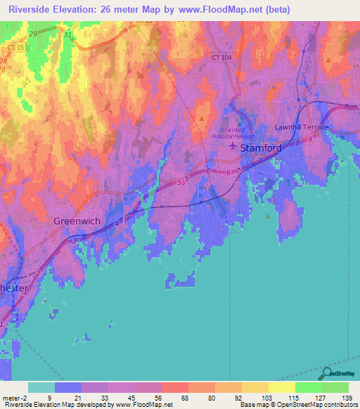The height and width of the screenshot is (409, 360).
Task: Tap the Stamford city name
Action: click(262, 149)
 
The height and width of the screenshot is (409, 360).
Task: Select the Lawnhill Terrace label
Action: click(301, 127)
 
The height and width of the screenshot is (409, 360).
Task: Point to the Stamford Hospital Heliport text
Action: click(233, 134)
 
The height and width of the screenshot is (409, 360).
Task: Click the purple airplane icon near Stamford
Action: click(233, 147)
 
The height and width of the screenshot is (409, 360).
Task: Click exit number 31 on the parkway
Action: click(67, 34)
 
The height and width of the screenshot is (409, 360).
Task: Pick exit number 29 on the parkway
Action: click(33, 34)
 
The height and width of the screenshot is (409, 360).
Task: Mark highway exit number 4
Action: click(117, 223)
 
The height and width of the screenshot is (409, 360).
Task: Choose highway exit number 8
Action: click(297, 143)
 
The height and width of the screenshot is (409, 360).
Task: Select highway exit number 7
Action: click(238, 171)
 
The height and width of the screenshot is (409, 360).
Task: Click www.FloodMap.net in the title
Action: click(221, 9)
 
